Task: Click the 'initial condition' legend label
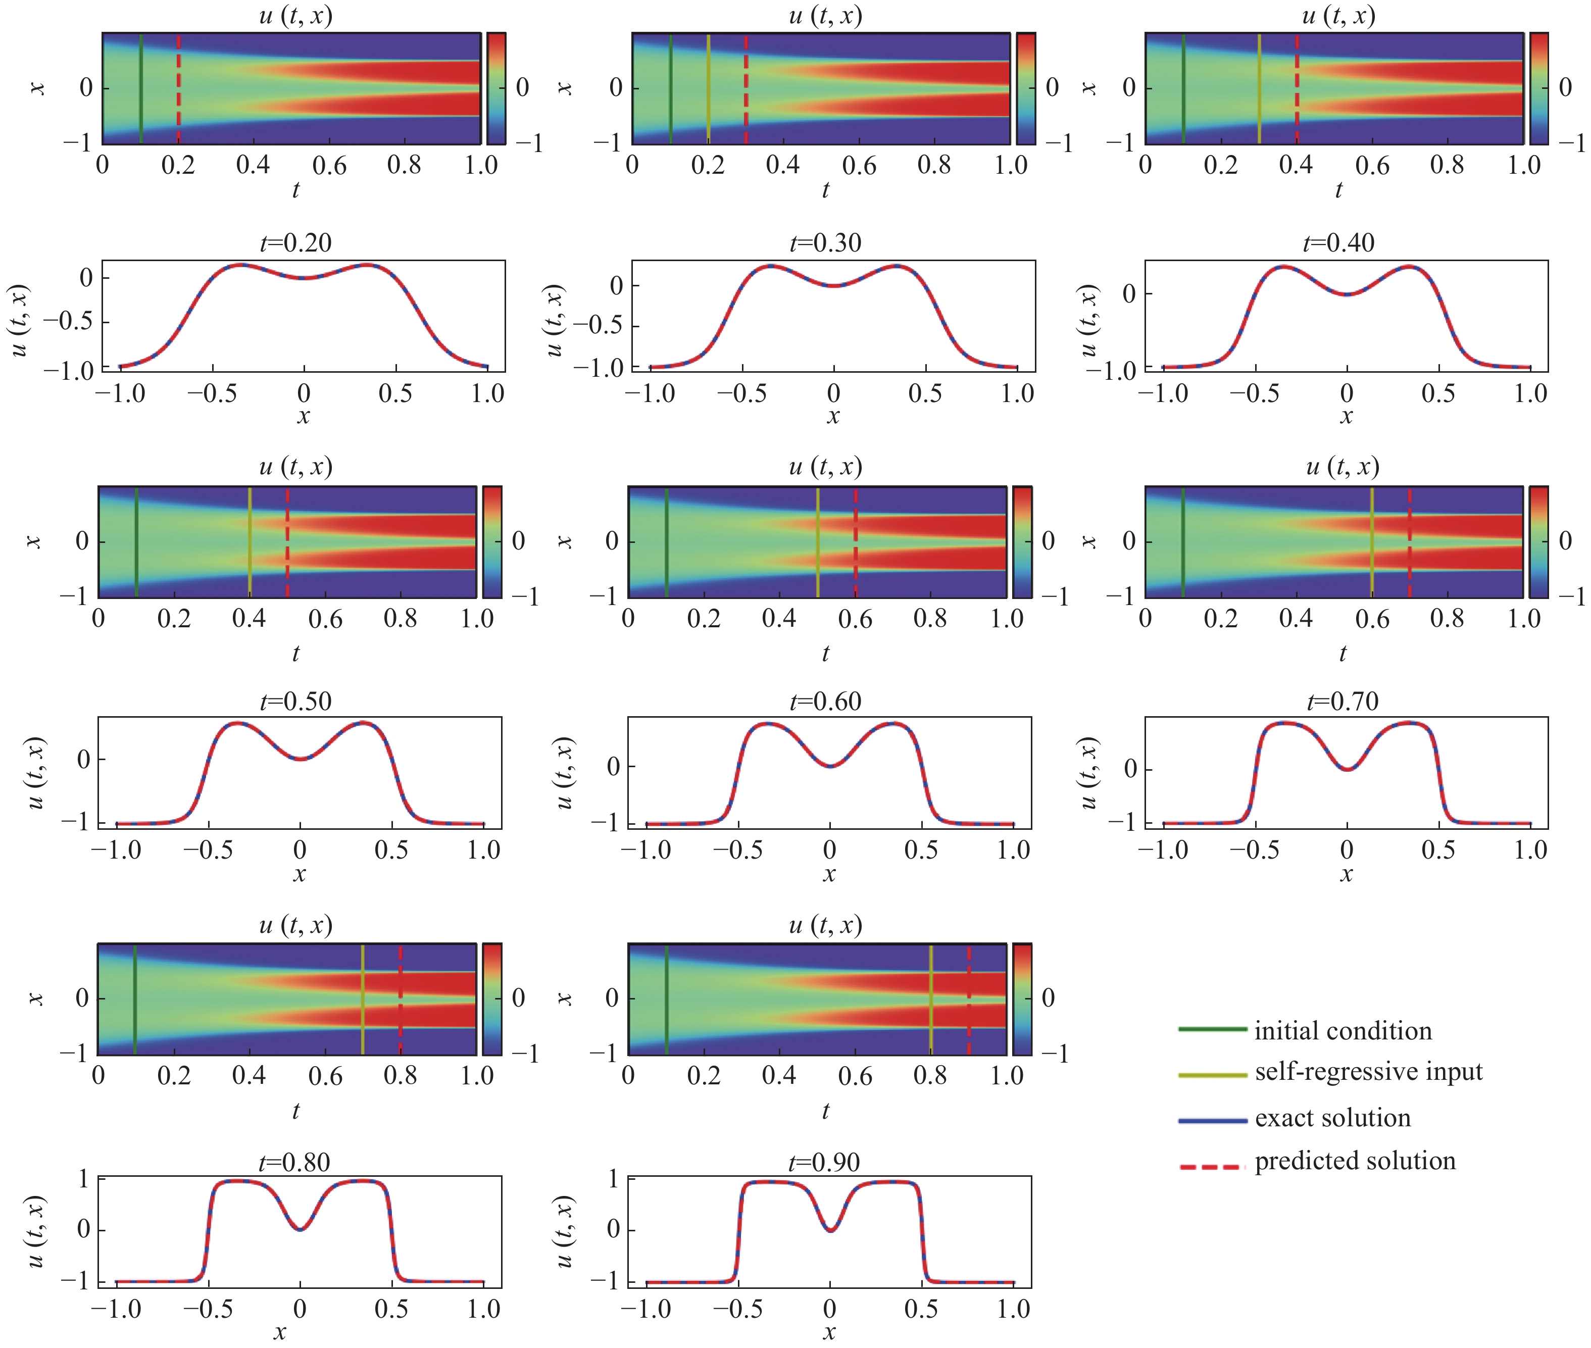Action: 1343,1031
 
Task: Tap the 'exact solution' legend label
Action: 1332,1118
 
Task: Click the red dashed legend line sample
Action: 1211,1167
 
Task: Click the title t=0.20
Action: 296,243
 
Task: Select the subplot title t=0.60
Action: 825,701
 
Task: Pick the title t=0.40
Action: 1338,243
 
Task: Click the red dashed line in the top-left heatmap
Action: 179,88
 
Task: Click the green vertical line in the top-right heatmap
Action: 1183,88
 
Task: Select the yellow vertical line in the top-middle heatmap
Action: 709,88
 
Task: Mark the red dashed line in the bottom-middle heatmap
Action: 968,1000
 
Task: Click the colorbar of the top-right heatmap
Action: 1538,88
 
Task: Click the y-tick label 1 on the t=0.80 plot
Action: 83,1179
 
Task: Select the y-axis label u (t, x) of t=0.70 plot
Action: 1088,772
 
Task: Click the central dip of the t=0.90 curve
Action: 830,1229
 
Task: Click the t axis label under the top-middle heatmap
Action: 825,190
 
